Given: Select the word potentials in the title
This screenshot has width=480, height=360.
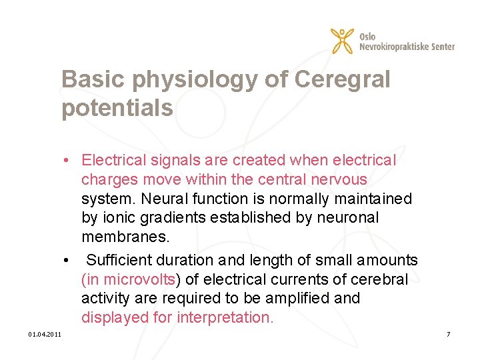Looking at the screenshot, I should pos(117,108).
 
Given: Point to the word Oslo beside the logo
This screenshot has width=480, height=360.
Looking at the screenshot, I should pos(367,36).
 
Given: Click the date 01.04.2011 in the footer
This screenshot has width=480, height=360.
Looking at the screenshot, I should pos(45,333).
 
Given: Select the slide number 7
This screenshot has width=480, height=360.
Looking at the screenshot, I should pos(449,333).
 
